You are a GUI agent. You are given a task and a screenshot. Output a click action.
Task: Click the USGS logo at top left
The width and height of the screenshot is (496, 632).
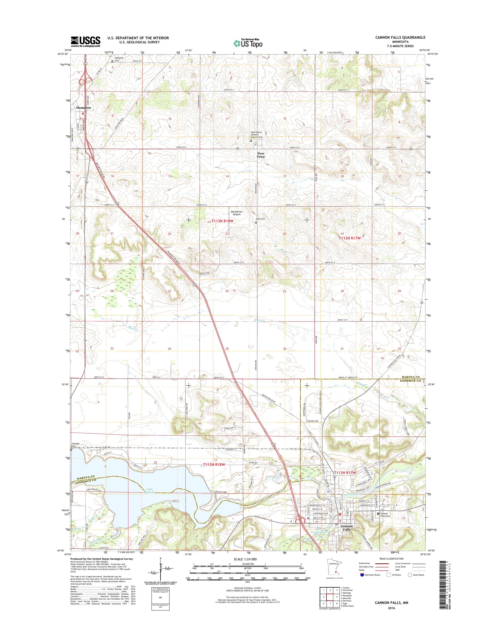(86, 41)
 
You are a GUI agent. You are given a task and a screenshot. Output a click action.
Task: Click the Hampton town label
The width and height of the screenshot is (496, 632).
(84, 108)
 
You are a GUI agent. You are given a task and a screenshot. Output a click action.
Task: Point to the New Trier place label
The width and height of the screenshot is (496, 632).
(261, 155)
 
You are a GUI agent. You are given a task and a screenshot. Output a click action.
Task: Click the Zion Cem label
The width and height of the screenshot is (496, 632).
(261, 219)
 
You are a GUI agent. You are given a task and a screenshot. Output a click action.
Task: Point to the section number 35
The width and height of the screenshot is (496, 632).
(227, 349)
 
